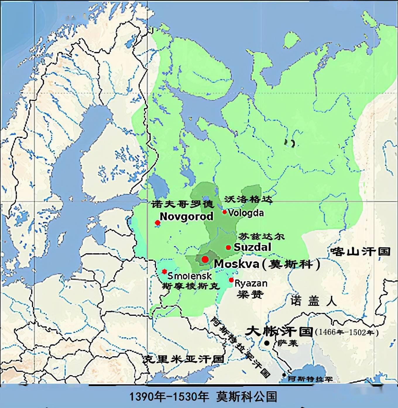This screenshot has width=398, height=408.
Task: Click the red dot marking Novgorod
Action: [x=158, y=223]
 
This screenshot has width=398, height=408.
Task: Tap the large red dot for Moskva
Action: [x=205, y=259]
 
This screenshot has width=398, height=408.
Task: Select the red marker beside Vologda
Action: [x=224, y=212]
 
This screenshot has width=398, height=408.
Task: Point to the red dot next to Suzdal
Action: [x=228, y=248]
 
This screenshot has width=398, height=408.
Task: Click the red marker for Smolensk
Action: [x=164, y=271]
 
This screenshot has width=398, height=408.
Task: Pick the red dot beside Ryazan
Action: [x=231, y=280]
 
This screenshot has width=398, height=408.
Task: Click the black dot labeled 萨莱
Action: [x=267, y=343]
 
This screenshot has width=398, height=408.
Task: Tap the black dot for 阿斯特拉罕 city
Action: [x=284, y=375]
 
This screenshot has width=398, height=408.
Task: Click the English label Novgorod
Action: [x=186, y=217]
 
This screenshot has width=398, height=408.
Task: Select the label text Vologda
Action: [x=246, y=213]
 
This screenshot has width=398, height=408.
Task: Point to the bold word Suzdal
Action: [x=253, y=247]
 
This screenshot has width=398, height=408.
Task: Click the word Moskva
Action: [x=236, y=264]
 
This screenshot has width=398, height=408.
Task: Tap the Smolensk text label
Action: [x=190, y=276]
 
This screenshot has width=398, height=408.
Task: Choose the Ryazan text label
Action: [x=251, y=283]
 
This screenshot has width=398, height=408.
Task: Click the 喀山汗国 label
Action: [x=360, y=251]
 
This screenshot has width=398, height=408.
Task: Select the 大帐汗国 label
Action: [x=279, y=332]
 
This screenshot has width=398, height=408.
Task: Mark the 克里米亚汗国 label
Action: [x=183, y=359]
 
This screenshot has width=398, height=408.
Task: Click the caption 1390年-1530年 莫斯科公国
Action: [x=203, y=397]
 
